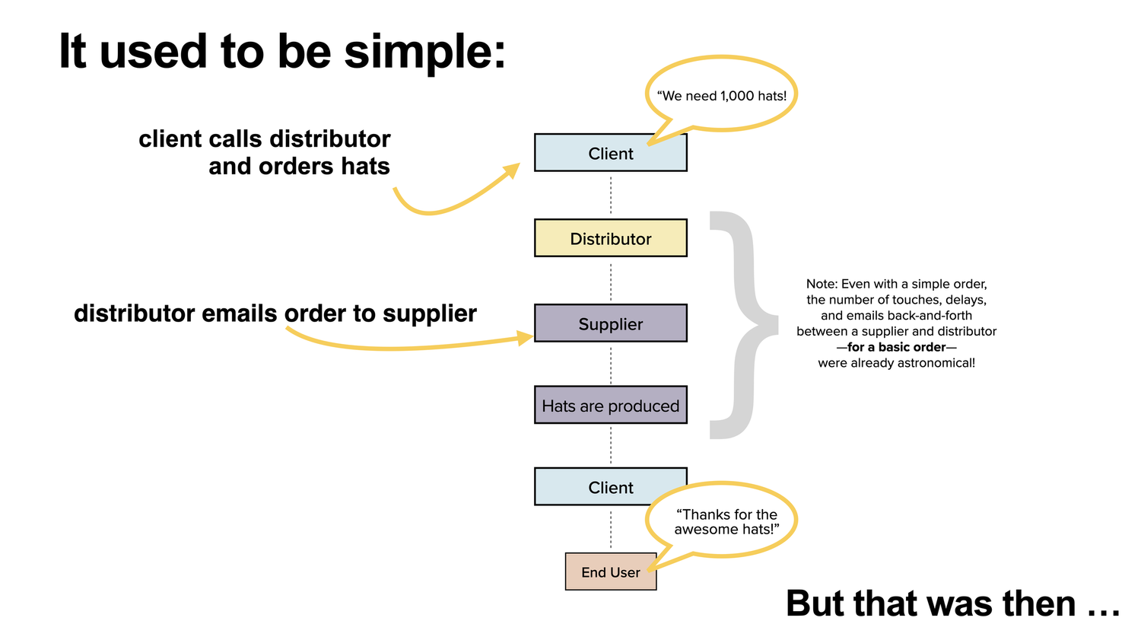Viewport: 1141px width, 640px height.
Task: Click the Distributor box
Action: coord(610,238)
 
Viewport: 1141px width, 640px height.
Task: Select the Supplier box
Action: coord(610,323)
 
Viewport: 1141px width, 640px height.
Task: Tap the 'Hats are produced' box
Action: coord(610,406)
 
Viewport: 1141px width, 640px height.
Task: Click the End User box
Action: coord(610,572)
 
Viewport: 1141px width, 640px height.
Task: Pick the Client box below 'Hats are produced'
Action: coord(610,487)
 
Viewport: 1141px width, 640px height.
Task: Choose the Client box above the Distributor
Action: coord(610,153)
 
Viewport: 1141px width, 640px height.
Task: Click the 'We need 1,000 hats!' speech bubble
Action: coord(721,95)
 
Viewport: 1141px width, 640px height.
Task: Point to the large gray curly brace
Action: coord(742,325)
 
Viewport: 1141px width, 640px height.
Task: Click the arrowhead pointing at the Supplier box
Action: coord(525,337)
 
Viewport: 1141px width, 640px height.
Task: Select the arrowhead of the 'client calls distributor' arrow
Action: coord(512,170)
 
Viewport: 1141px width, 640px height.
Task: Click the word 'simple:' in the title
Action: coord(424,52)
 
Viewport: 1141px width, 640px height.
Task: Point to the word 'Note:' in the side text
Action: coord(822,284)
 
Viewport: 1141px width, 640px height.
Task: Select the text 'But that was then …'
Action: coord(952,603)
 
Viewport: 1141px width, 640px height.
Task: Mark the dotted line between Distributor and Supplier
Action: coord(611,280)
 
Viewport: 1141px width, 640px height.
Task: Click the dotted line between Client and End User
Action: coord(611,529)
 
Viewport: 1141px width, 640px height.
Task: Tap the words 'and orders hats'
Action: coord(299,166)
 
